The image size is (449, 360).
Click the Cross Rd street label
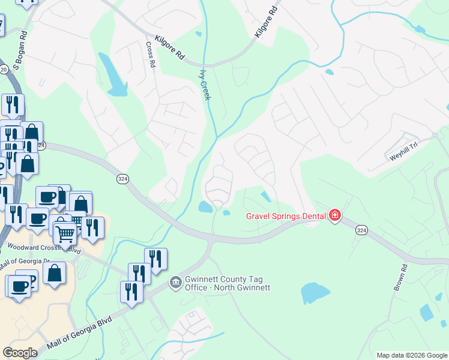[x=151, y=55]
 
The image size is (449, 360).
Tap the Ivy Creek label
[x=205, y=83]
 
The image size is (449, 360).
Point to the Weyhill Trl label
[x=403, y=148]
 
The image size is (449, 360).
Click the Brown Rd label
[x=401, y=277]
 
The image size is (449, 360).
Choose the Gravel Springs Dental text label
[x=286, y=216]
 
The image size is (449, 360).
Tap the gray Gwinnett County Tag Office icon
[x=175, y=281]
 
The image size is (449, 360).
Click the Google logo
[x=20, y=353]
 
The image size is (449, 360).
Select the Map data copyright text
[x=412, y=355]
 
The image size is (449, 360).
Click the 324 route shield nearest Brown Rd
[x=361, y=230]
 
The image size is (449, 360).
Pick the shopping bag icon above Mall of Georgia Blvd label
[x=55, y=274]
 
